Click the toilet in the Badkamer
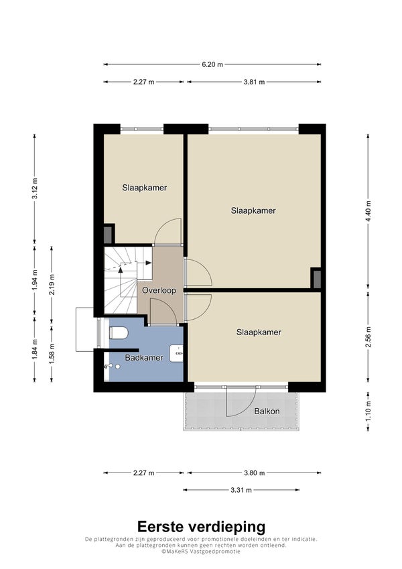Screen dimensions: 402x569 (x=119, y=332)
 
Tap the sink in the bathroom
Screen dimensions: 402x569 (x=177, y=353)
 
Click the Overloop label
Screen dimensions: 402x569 (x=159, y=290)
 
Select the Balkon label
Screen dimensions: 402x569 (x=267, y=411)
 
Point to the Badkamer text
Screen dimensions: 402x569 (x=143, y=358)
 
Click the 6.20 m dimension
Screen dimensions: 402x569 (x=212, y=64)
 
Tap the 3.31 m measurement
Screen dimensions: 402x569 (x=241, y=490)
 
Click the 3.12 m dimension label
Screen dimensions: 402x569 (x=35, y=189)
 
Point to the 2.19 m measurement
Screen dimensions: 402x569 (x=52, y=284)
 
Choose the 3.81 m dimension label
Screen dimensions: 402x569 (x=254, y=82)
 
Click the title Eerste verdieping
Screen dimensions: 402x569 (x=201, y=527)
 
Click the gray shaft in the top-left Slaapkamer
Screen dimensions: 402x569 (x=108, y=235)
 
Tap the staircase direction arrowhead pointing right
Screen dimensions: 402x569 (x=149, y=263)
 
